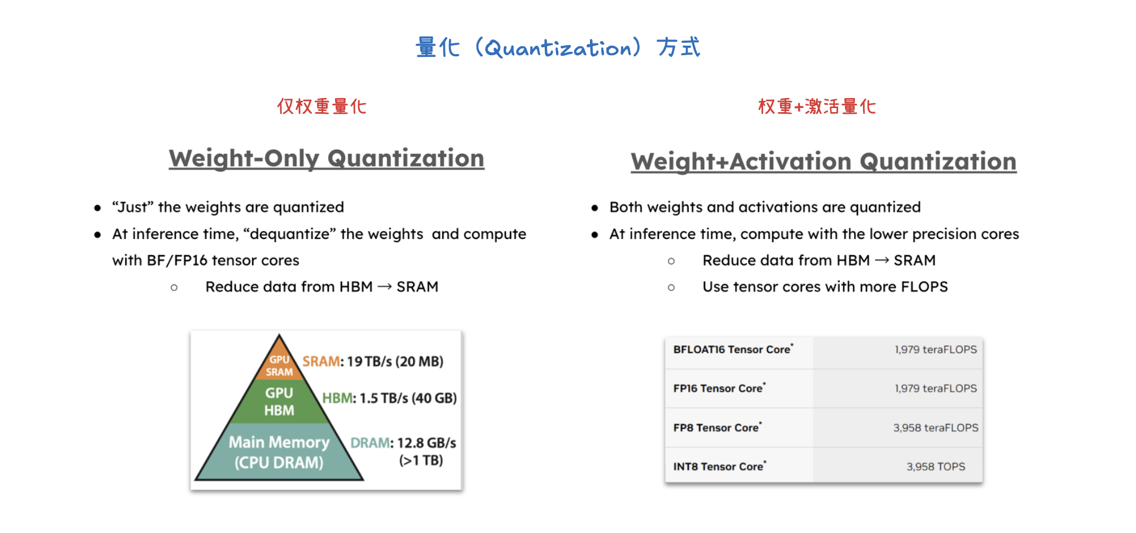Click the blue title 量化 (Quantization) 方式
tap(558, 47)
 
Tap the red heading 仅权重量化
tap(322, 106)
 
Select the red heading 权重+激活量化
tap(817, 106)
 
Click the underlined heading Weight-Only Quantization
tap(327, 159)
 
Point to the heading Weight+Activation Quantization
tap(824, 162)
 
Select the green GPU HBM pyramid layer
tap(279, 402)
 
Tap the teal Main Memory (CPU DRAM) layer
tap(279, 452)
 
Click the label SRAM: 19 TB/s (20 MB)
tap(373, 362)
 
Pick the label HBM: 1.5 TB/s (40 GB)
tap(389, 398)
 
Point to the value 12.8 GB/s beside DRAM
tap(426, 443)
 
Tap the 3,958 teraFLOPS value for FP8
tap(936, 428)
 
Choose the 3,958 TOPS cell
tap(936, 467)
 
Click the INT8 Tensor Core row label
tap(720, 467)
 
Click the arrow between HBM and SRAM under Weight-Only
tap(385, 287)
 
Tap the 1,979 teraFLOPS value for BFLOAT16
tap(936, 349)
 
